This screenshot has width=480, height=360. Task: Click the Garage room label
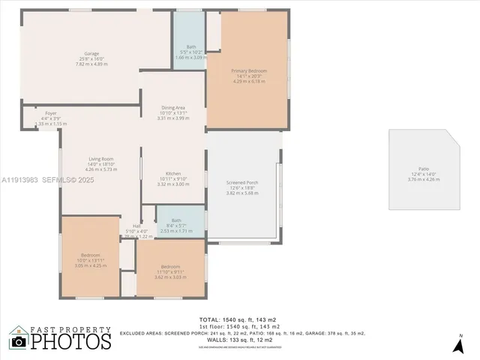click(x=91, y=54)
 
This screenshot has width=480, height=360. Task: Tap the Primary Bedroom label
click(x=248, y=70)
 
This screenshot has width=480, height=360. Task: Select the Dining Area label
click(x=173, y=107)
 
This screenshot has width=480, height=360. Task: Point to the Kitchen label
click(x=173, y=173)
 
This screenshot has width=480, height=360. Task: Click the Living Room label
click(x=101, y=159)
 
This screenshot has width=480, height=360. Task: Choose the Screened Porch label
click(x=242, y=182)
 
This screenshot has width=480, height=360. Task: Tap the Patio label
click(x=424, y=169)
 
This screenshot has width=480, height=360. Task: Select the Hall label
click(x=137, y=226)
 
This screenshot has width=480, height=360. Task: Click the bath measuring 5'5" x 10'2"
click(x=190, y=46)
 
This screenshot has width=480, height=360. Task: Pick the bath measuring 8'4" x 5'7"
click(x=175, y=220)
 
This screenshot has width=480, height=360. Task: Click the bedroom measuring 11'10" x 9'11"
click(x=169, y=267)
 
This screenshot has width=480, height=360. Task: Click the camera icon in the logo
click(x=19, y=342)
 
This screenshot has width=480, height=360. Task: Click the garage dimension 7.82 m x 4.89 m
click(x=91, y=64)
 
